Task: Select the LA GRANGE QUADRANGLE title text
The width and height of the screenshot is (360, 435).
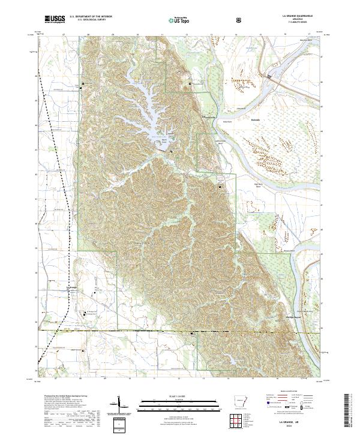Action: (x=295, y=16)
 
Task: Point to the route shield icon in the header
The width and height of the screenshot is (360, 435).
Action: (x=239, y=20)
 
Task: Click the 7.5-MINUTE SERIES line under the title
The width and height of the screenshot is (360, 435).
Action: (x=295, y=22)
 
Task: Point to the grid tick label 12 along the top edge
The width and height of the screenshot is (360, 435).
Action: (x=187, y=35)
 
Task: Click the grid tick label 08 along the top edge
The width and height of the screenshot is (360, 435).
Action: (x=89, y=35)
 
